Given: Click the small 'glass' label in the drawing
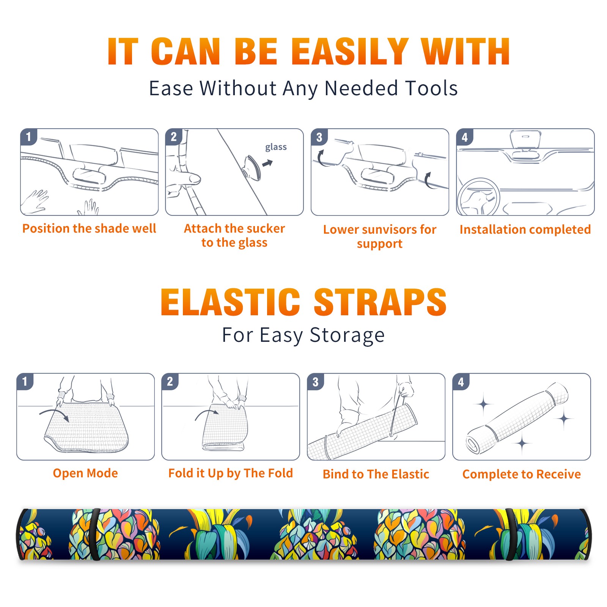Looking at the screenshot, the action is pyautogui.click(x=276, y=147).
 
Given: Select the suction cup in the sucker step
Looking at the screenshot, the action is pyautogui.click(x=252, y=167).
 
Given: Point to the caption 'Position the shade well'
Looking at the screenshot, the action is pyautogui.click(x=89, y=228).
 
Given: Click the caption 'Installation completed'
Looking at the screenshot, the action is pyautogui.click(x=525, y=229).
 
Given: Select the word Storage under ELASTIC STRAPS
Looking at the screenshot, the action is pyautogui.click(x=347, y=335).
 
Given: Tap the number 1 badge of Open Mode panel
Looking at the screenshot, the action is pyautogui.click(x=25, y=381).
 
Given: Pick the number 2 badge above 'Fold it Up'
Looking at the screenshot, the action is pyautogui.click(x=170, y=381).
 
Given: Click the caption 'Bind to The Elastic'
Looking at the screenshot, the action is pyautogui.click(x=376, y=474).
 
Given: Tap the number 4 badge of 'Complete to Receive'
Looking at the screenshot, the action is pyautogui.click(x=461, y=381).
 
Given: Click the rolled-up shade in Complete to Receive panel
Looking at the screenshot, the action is pyautogui.click(x=517, y=418).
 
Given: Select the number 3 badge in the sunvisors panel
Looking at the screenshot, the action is pyautogui.click(x=319, y=137).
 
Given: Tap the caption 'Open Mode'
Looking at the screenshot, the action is pyautogui.click(x=85, y=473).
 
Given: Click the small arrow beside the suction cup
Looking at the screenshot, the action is pyautogui.click(x=268, y=163).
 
